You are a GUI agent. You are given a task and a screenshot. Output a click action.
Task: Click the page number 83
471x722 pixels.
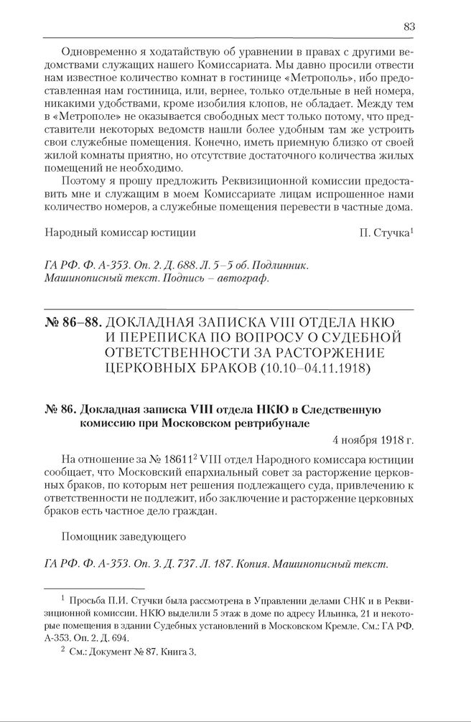409,27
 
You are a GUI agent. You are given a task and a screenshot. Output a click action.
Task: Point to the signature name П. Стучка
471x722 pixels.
384,233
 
